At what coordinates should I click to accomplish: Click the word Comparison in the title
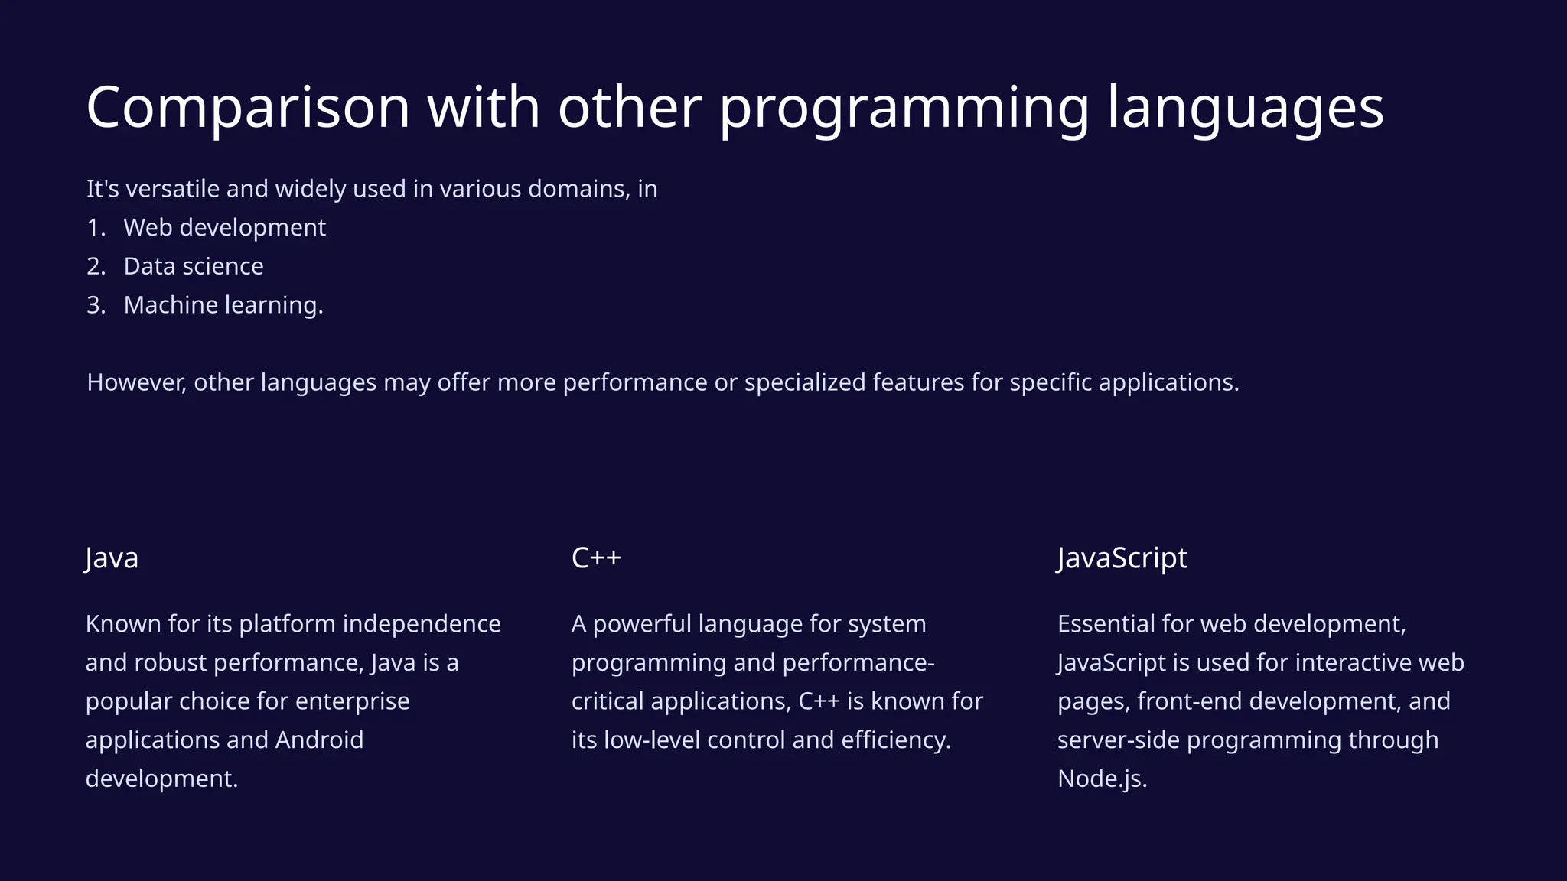tap(248, 108)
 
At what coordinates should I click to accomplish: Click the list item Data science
tap(193, 266)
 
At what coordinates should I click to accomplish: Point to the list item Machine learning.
tap(223, 305)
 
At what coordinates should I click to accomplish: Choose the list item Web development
tap(224, 228)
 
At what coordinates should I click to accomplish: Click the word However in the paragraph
tap(136, 382)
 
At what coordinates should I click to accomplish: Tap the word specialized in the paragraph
tap(804, 382)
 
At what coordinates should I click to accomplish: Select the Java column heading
tap(112, 558)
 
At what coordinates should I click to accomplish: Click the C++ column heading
tap(596, 558)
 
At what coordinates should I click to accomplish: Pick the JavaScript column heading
tap(1122, 558)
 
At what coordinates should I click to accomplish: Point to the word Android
tap(319, 740)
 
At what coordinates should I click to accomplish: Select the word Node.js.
tap(1101, 779)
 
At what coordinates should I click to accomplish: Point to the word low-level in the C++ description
tap(651, 740)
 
